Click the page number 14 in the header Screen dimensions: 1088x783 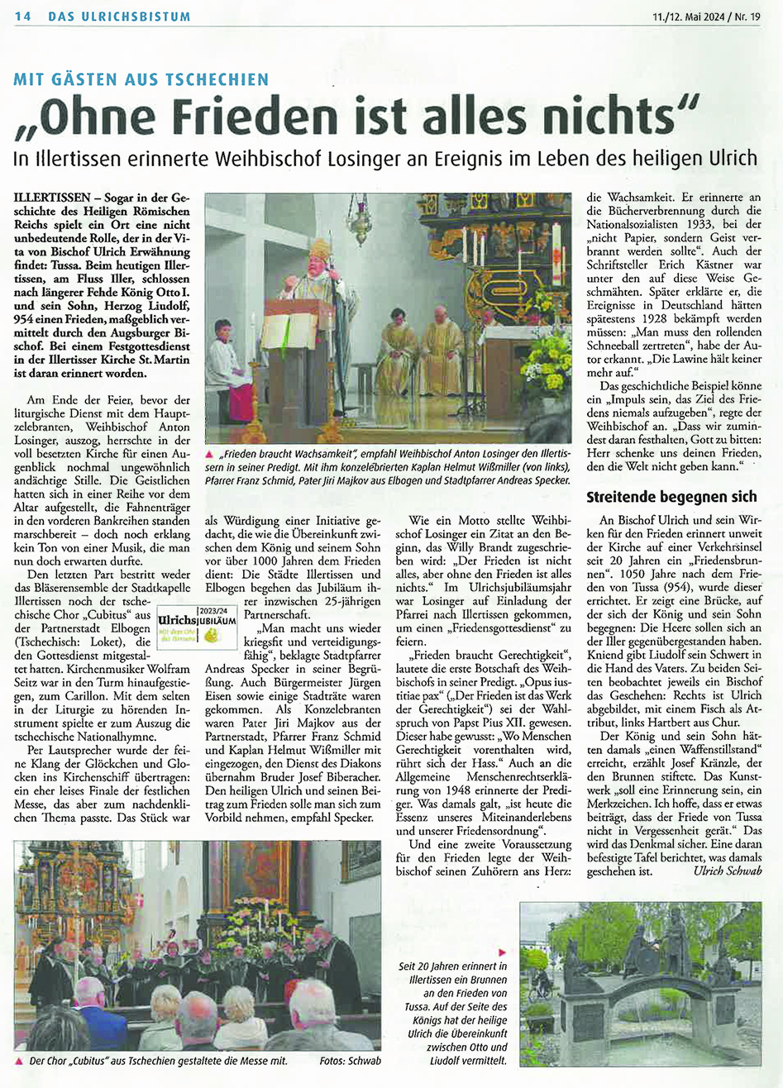pyautogui.click(x=22, y=17)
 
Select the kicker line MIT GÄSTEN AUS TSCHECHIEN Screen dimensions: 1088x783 pyautogui.click(x=141, y=80)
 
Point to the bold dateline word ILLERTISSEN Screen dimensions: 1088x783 pyautogui.click(x=54, y=200)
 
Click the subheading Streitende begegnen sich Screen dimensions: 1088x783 pyautogui.click(x=671, y=497)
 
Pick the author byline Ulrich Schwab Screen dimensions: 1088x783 pyautogui.click(x=730, y=871)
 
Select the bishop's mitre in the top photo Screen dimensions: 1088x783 pyautogui.click(x=319, y=250)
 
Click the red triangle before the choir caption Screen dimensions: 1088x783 pyautogui.click(x=19, y=1061)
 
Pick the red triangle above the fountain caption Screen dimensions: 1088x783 pyautogui.click(x=501, y=952)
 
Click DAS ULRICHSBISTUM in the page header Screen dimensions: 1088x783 pyautogui.click(x=119, y=17)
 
